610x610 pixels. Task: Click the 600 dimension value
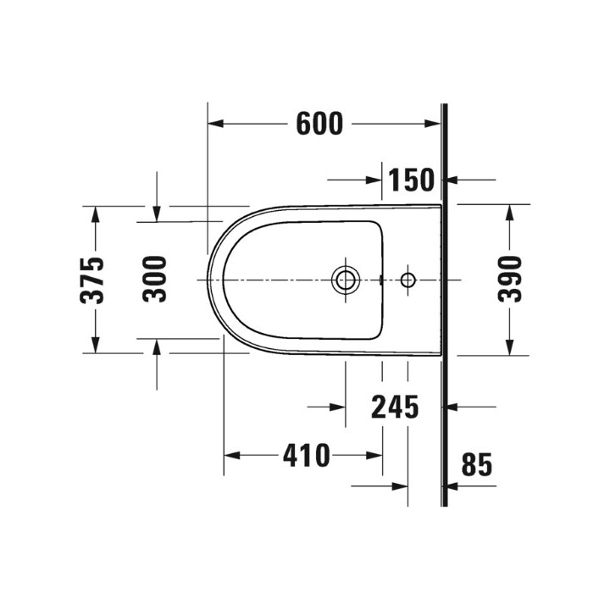tap(320, 125)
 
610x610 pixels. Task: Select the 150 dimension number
tap(411, 180)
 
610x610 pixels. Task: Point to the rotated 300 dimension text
tap(155, 280)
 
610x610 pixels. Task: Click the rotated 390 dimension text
tap(510, 280)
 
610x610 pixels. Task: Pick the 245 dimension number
tap(396, 408)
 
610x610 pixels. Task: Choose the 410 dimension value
tap(306, 456)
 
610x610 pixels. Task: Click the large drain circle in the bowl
tap(345, 279)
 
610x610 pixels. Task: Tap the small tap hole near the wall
tap(408, 279)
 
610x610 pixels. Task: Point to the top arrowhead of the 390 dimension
tap(510, 212)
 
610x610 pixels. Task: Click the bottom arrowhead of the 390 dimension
tap(510, 347)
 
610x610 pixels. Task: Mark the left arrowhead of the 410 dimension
tap(230, 456)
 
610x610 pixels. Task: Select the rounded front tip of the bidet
tap(209, 279)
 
